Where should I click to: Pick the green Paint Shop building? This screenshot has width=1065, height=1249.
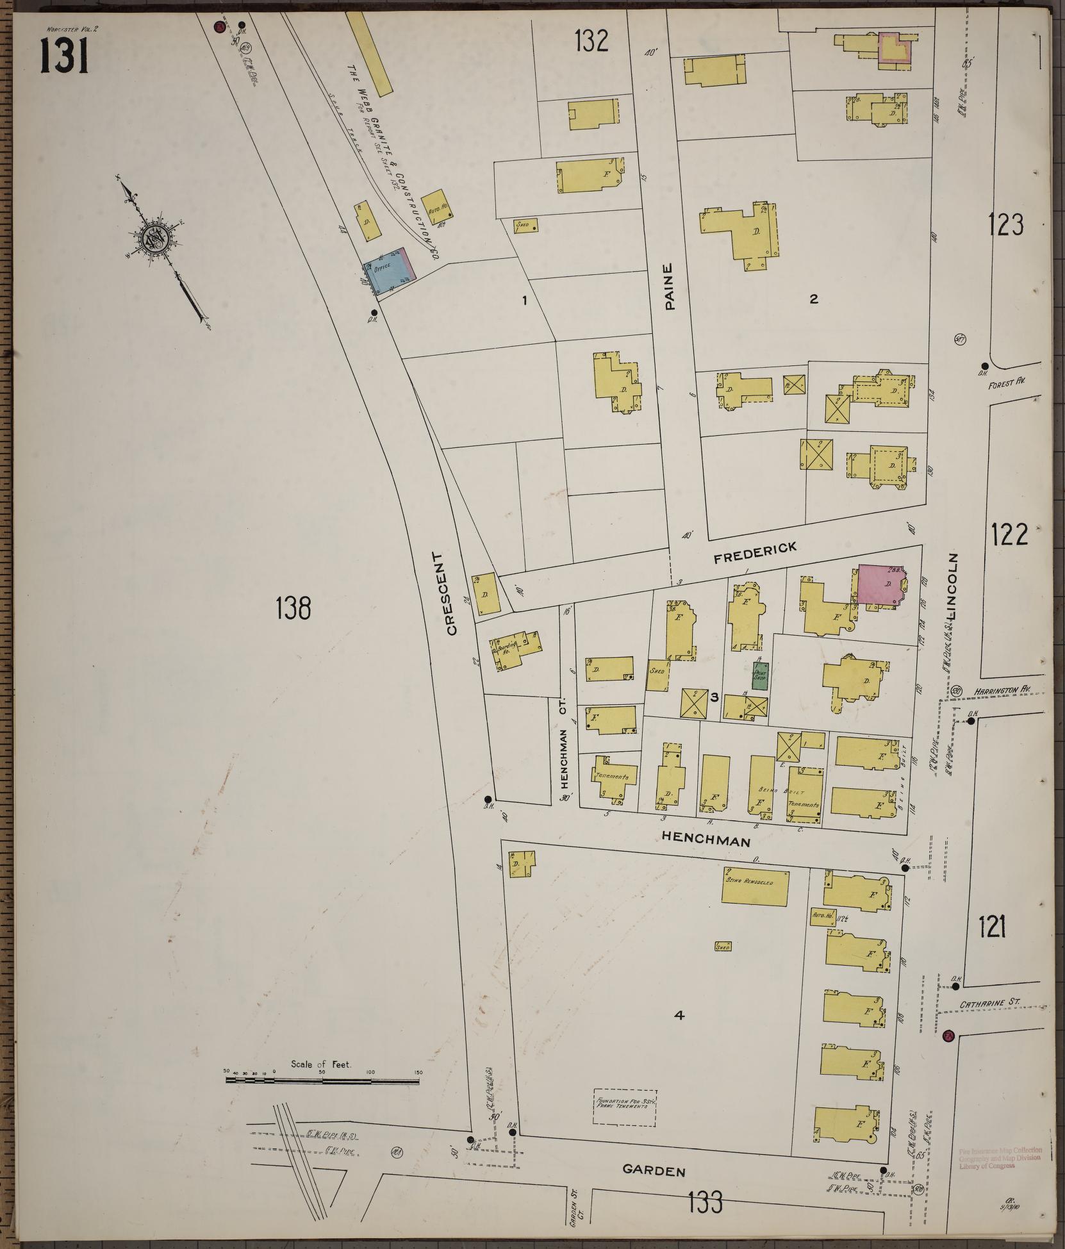pos(760,675)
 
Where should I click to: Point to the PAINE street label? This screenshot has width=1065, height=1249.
pos(670,286)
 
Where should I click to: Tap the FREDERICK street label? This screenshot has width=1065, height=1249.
pos(755,552)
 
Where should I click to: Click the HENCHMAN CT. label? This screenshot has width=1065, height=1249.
pos(564,750)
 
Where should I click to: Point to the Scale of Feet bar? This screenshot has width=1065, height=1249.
pos(322,1081)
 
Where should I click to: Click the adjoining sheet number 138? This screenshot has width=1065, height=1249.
pos(294,608)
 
